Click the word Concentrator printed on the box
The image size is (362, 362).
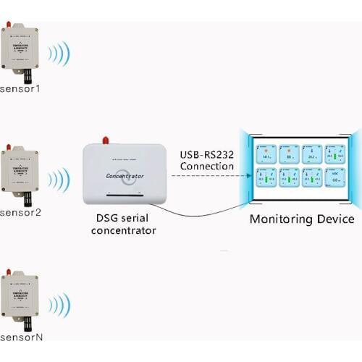[125, 175]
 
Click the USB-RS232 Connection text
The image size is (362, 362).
[206, 160]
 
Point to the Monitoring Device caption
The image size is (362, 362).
[302, 219]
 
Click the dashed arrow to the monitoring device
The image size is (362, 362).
[206, 175]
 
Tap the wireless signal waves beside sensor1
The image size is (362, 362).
[59, 54]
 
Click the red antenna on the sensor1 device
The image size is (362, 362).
[9, 26]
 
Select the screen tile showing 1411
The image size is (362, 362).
[267, 153]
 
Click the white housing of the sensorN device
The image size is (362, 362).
[20, 293]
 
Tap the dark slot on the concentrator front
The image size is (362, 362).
[125, 195]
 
